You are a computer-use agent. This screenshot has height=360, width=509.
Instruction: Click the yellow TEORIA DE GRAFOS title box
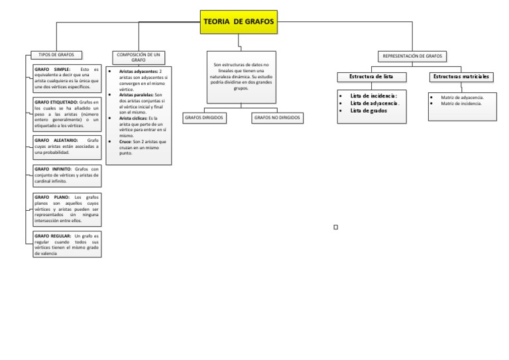[239, 22]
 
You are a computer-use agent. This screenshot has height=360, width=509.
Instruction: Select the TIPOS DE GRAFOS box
[57, 55]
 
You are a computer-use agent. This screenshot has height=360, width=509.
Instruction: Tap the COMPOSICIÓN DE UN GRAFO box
[139, 57]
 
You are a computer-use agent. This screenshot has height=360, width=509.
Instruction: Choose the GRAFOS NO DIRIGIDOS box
[277, 117]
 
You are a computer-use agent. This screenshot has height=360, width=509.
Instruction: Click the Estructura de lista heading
[371, 77]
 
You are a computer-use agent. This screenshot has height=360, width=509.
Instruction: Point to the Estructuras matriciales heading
[461, 77]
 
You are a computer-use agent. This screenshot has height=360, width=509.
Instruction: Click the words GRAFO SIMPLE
[50, 70]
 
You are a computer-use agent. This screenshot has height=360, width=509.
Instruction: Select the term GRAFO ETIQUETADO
[56, 102]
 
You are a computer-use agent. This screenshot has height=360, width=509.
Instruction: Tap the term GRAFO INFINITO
[54, 169]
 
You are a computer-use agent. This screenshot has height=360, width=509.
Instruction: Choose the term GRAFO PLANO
[50, 197]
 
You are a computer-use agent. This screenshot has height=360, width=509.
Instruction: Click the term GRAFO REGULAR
[53, 236]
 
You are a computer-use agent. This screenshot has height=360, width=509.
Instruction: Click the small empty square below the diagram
[336, 227]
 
